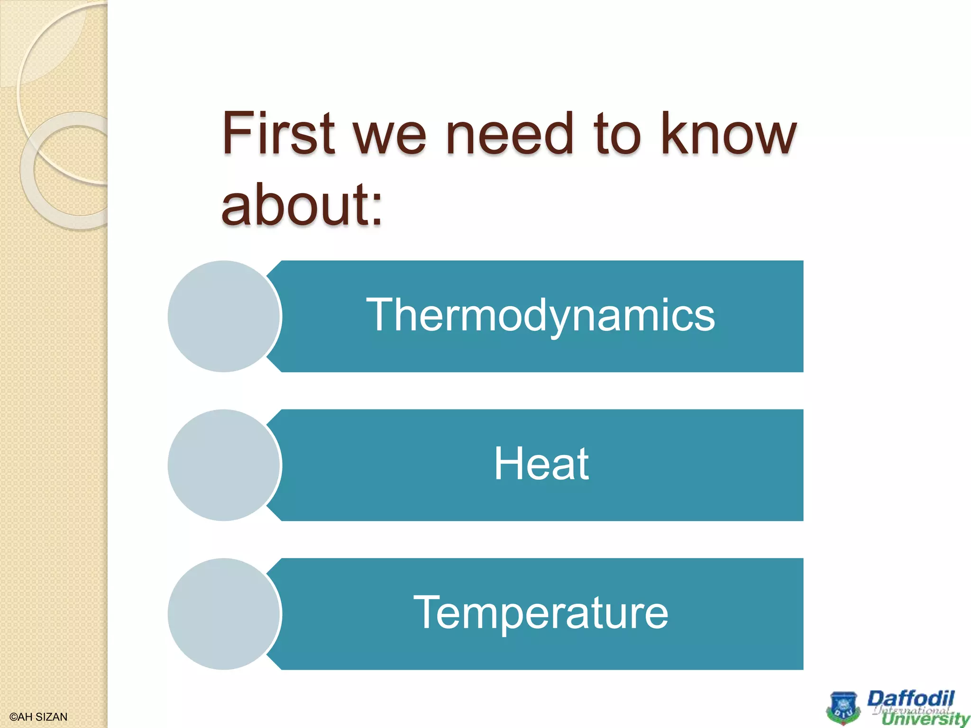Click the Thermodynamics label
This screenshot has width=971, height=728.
[x=540, y=315]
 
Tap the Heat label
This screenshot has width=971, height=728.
[x=541, y=464]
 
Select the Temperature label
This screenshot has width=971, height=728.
[x=540, y=613]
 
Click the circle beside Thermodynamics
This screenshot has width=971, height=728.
[x=224, y=316]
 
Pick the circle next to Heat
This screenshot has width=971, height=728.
[x=224, y=465]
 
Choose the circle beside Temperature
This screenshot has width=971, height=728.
[x=224, y=614]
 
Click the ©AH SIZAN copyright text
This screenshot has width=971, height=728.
[x=38, y=717]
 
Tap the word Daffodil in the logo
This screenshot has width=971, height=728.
[x=910, y=699]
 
